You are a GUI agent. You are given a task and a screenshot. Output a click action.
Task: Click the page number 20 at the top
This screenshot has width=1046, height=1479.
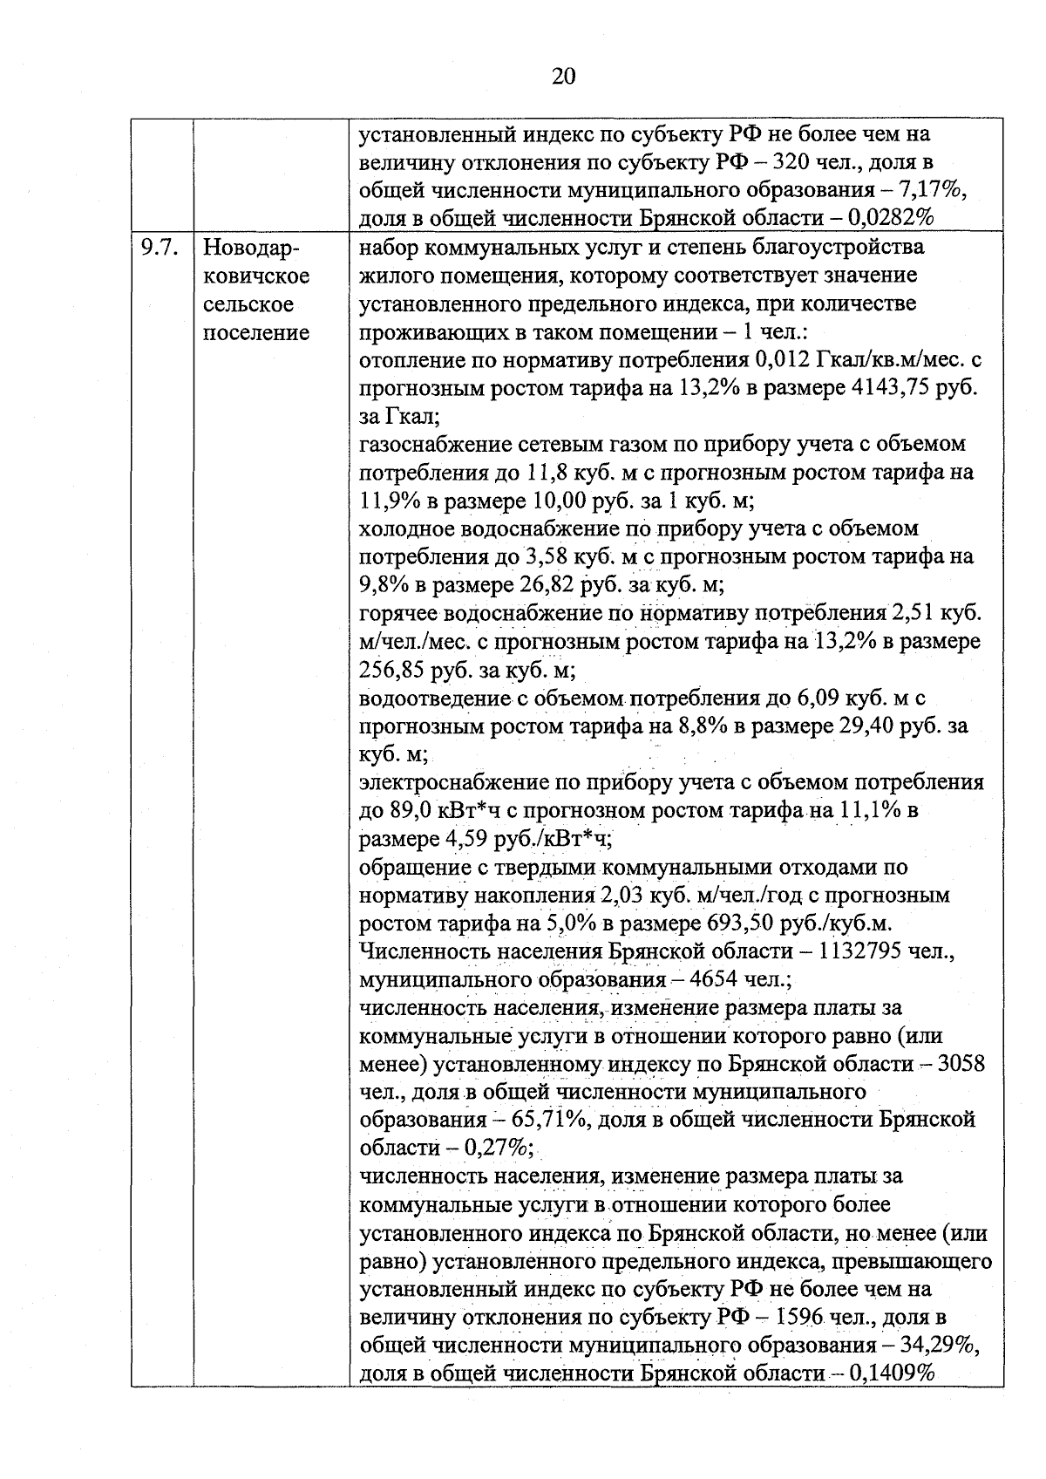564,77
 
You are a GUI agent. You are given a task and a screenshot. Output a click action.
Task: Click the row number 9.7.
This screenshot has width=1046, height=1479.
160,248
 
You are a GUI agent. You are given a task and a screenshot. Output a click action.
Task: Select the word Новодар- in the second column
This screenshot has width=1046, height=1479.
251,248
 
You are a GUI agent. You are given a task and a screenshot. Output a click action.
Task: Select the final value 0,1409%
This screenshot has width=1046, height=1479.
886,1374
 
